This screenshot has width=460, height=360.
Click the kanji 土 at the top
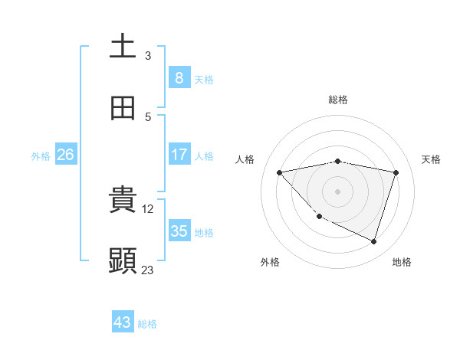click(123, 45)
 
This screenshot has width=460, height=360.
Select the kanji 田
click(123, 108)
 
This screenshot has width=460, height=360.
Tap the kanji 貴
click(123, 198)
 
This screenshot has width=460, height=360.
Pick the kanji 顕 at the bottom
click(123, 260)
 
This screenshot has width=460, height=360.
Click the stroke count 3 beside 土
click(148, 55)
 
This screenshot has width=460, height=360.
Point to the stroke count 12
click(149, 208)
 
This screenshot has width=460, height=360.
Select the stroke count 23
click(148, 270)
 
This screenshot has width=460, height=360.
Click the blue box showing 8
click(179, 77)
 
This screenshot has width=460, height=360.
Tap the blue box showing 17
click(179, 155)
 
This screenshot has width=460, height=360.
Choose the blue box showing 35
click(179, 231)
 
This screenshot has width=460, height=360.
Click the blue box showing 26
click(66, 155)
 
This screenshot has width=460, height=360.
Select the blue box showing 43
click(123, 322)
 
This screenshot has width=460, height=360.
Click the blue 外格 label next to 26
click(41, 156)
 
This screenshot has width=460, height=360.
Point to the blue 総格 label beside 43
click(147, 324)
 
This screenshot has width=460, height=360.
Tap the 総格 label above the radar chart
click(338, 100)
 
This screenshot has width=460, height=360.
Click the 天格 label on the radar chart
click(431, 159)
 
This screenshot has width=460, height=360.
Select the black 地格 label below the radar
click(402, 262)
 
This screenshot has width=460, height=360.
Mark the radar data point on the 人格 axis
click(280, 172)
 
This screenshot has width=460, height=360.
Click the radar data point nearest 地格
click(373, 241)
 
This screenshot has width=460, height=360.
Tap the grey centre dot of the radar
click(338, 191)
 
